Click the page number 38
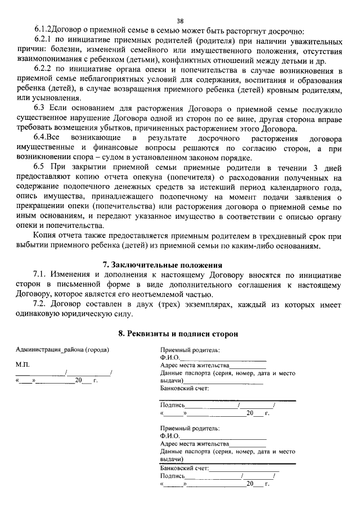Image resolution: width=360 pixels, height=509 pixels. click(180, 21)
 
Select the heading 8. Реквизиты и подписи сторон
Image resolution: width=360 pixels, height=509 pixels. click(178, 334)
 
